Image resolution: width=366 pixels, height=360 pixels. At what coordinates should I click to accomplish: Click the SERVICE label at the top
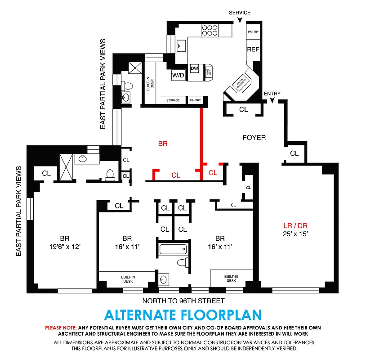[240, 13]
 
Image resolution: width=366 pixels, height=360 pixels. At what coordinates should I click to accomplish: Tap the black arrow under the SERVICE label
[240, 19]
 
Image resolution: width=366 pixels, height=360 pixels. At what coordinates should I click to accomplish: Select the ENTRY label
[272, 94]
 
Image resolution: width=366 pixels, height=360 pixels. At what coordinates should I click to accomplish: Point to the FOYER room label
[254, 138]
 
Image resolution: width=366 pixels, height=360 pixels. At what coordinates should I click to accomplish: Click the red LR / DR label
[295, 226]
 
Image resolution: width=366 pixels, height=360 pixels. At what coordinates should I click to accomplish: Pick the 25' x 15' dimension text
[295, 234]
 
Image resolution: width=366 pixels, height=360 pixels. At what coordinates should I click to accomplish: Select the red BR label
[163, 144]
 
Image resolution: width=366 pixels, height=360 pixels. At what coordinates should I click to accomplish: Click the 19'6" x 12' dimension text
[66, 246]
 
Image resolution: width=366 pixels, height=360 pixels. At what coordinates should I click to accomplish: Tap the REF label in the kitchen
[253, 49]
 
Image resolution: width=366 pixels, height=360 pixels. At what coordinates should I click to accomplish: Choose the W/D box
[178, 75]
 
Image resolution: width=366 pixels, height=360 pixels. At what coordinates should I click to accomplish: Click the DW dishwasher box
[194, 68]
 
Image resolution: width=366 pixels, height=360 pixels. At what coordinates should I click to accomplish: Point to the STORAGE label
[173, 100]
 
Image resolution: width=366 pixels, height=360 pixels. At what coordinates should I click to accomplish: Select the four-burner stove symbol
[209, 30]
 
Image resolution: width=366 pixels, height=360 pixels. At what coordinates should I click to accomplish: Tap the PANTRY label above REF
[253, 32]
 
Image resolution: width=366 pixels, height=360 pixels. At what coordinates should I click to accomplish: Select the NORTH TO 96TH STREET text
[183, 301]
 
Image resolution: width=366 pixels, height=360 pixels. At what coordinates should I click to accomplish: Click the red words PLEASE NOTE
[60, 328]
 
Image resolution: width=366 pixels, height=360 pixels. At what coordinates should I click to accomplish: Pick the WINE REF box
[208, 70]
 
